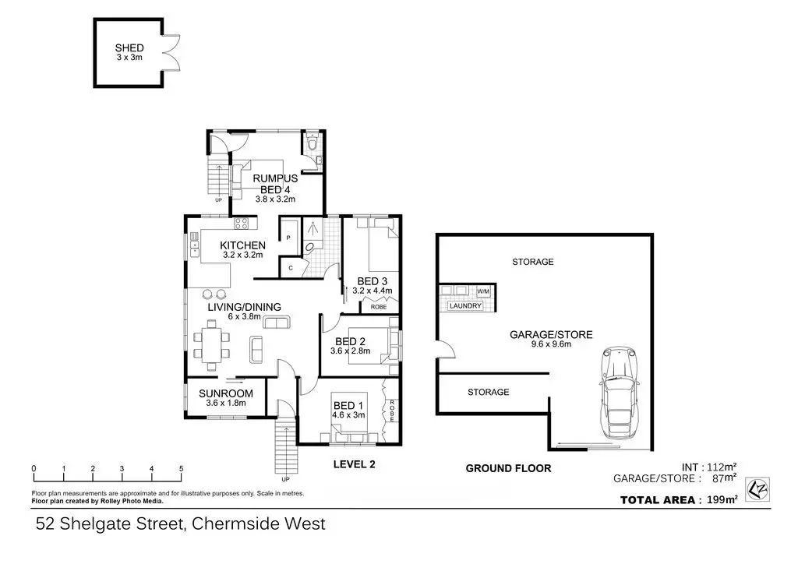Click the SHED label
pos(129,48)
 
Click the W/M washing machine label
pos(483,291)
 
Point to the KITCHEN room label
pos(244,245)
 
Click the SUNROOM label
pos(226,393)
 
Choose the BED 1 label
pos(348,405)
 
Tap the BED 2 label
pos(351,341)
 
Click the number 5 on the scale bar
pos(182,468)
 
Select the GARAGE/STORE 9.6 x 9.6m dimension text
pos(551,344)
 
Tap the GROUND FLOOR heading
pos(508,468)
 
